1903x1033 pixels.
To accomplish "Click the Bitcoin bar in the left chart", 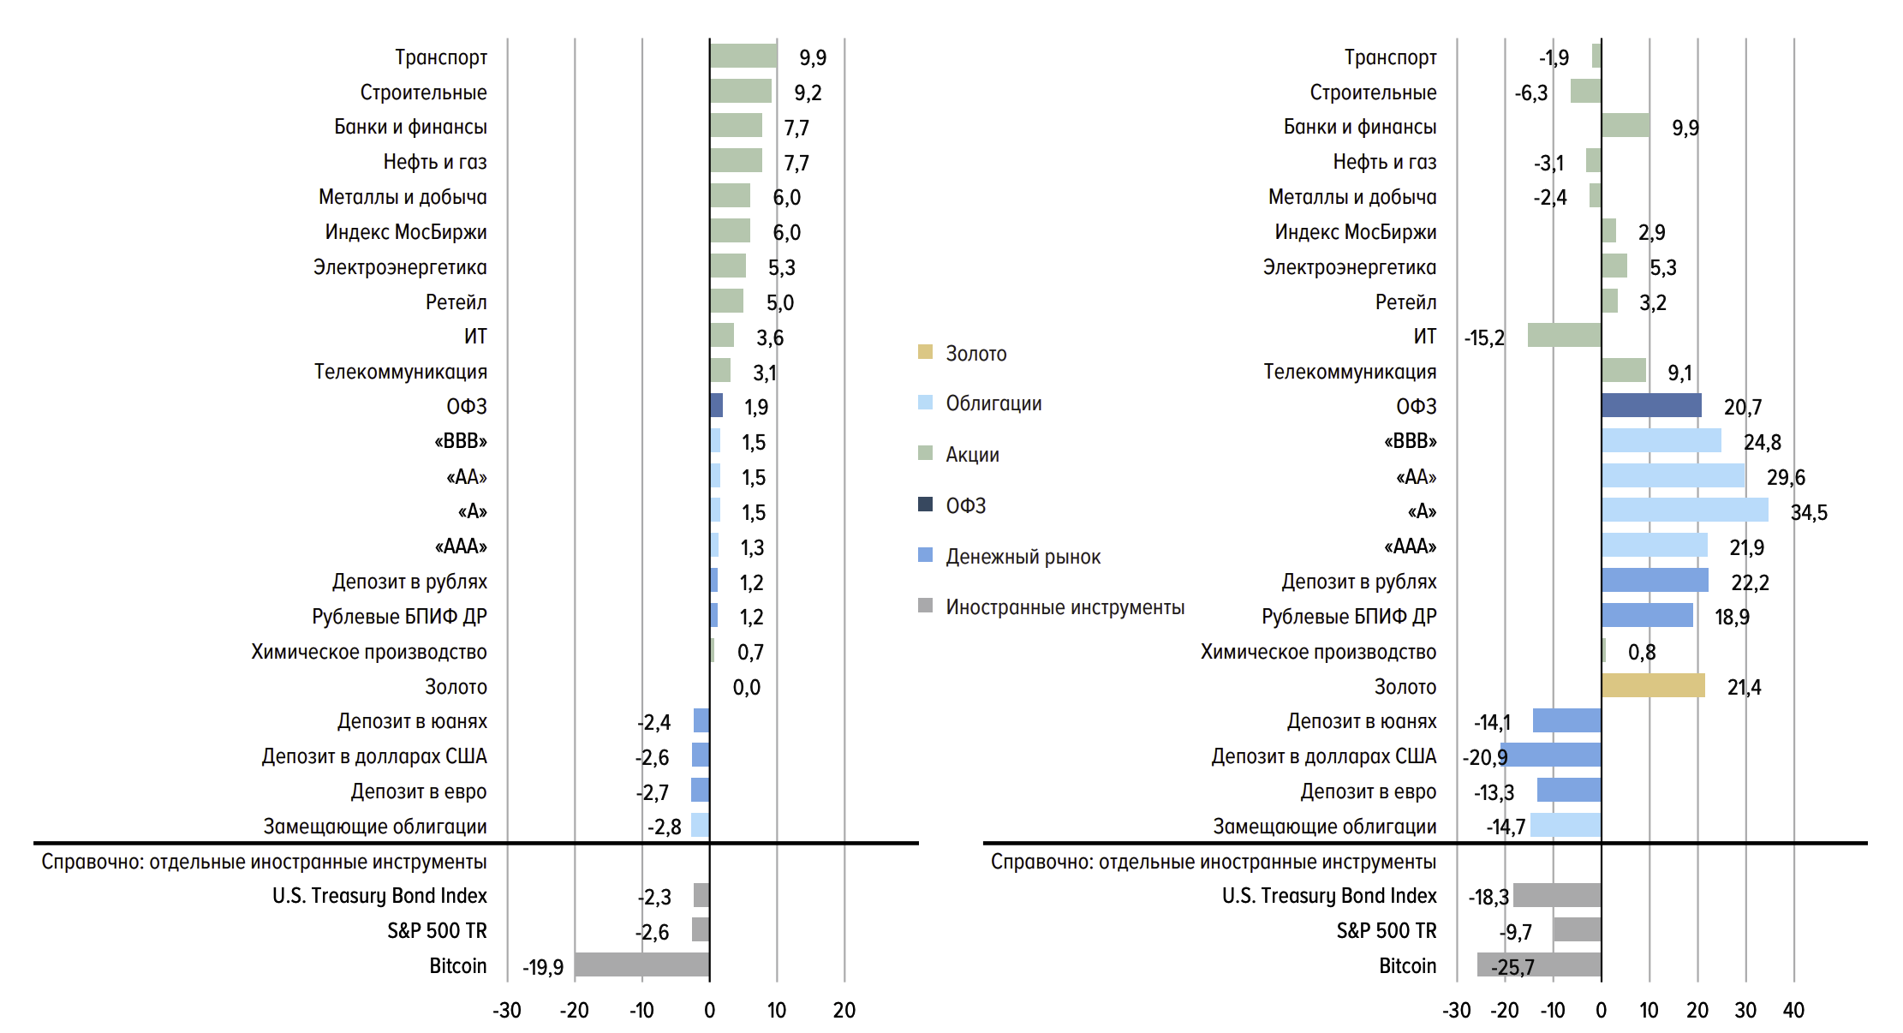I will click(x=641, y=964).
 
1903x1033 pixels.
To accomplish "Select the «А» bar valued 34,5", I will click(x=1685, y=511).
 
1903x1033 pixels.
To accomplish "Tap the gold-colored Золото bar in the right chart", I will click(x=1653, y=685).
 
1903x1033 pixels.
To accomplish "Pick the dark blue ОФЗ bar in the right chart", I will click(x=1651, y=405).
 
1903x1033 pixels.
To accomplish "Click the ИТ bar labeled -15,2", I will click(x=1564, y=335).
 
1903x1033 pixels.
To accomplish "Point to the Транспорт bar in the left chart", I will click(x=743, y=56).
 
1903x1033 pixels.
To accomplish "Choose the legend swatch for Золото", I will click(x=925, y=352).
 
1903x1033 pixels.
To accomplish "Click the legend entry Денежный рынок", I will click(x=1023, y=557).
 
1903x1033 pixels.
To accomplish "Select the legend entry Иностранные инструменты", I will click(x=1065, y=607).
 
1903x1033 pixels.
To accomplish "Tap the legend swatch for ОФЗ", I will click(x=925, y=504).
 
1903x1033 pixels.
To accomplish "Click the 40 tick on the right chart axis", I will click(x=1793, y=1011).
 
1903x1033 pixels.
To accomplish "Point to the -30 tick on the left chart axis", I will click(x=507, y=1011).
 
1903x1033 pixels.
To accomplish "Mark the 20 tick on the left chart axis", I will click(x=844, y=1011).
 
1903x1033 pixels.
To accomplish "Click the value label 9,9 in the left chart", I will click(x=813, y=57).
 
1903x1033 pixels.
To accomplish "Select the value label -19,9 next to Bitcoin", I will click(x=543, y=967).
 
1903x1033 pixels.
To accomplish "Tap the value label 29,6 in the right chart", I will click(x=1786, y=477).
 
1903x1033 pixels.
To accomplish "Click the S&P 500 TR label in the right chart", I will click(x=1386, y=930).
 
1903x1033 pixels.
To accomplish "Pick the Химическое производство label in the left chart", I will click(x=369, y=652).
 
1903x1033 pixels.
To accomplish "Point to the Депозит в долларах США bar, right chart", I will click(x=1552, y=755).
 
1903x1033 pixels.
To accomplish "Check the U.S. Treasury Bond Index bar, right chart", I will click(x=1557, y=895).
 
